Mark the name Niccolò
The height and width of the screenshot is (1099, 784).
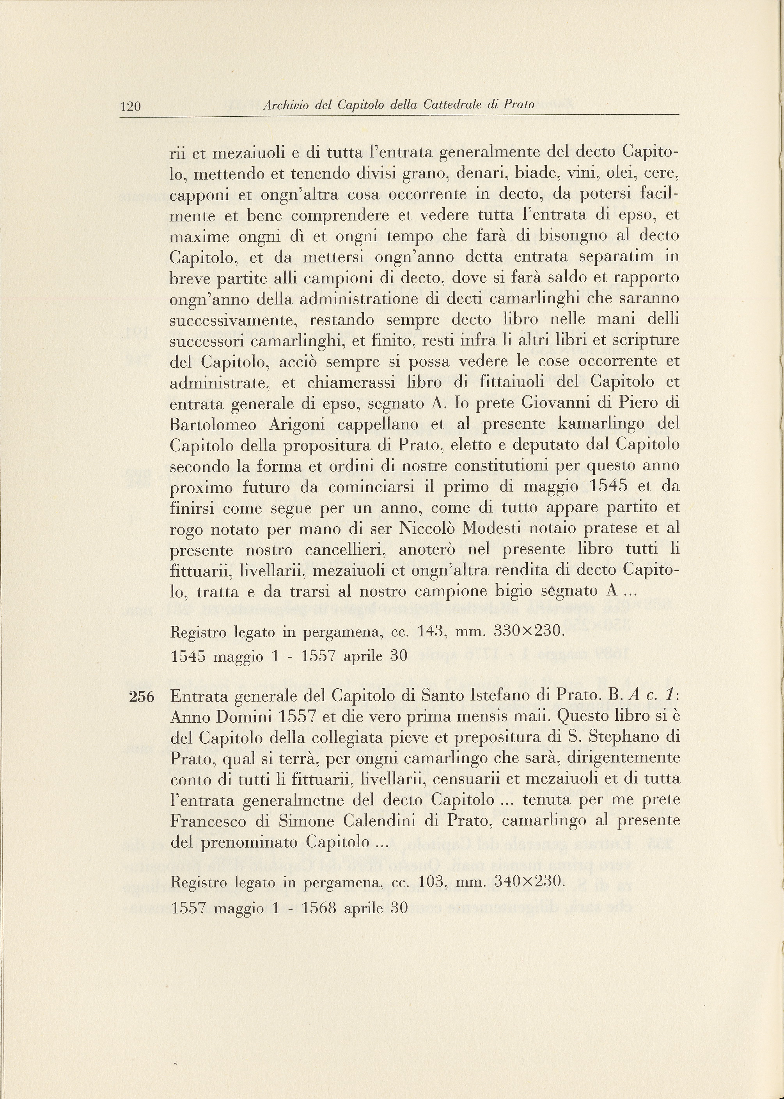click(x=427, y=529)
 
